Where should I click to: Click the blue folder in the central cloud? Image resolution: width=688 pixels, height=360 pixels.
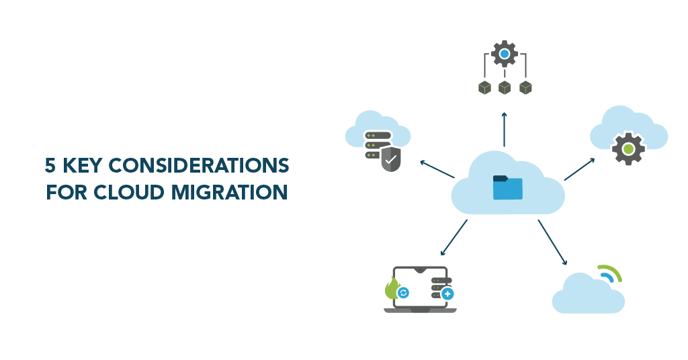pos(507,187)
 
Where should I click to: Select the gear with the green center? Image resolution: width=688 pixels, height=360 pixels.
pos(628,149)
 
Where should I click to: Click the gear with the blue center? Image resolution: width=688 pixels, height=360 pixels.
pos(504,52)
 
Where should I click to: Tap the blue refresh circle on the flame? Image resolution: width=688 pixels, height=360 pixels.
pos(403,293)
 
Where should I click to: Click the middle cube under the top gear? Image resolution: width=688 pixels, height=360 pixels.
pos(505,87)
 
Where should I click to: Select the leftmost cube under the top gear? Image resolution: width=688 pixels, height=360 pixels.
pos(484,87)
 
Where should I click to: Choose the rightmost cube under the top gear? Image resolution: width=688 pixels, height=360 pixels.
pos(525,87)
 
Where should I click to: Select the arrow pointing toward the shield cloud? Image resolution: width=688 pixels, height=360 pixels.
pos(437,169)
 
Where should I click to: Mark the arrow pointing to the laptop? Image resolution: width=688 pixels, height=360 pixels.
pos(454,238)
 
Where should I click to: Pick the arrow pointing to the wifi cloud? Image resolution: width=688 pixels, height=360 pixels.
pos(552,242)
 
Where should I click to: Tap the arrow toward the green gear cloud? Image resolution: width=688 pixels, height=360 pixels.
pos(579,169)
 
